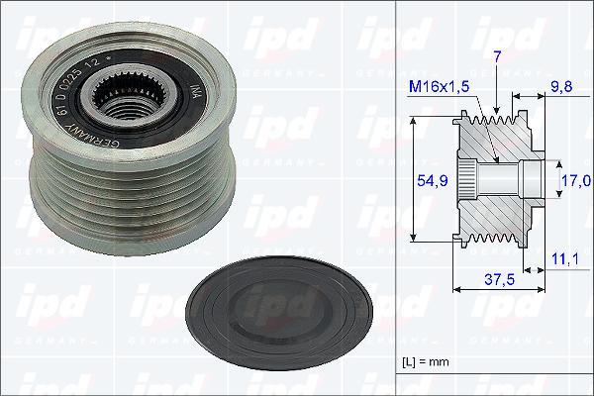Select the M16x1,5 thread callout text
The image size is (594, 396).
[x=438, y=87]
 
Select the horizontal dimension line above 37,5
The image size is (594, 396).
[x=499, y=290]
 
